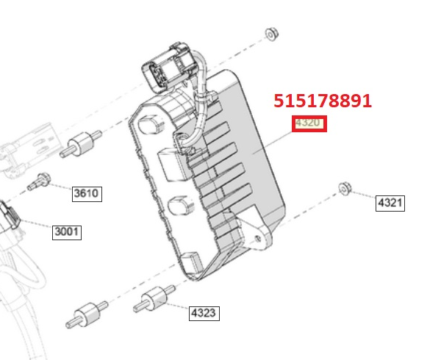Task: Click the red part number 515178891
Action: [323, 101]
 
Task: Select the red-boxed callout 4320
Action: [309, 123]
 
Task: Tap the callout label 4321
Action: [390, 204]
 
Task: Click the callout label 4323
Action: [204, 314]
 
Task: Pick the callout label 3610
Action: [87, 194]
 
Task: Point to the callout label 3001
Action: [67, 232]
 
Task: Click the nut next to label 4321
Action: [345, 189]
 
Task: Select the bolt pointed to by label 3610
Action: [39, 181]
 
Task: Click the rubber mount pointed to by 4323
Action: [154, 299]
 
